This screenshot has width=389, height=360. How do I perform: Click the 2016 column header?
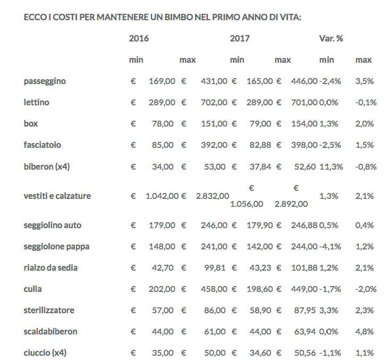pyautogui.click(x=139, y=38)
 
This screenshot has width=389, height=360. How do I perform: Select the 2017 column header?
pyautogui.click(x=240, y=38)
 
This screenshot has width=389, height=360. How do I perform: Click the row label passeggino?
pyautogui.click(x=45, y=81)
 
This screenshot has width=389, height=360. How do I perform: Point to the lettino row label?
pyautogui.click(x=37, y=102)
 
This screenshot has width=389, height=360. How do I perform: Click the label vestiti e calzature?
pyautogui.click(x=57, y=196)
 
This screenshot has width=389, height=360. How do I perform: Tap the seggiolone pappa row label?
pyautogui.click(x=56, y=246)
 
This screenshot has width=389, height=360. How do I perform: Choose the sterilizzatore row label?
pyautogui.click(x=49, y=310)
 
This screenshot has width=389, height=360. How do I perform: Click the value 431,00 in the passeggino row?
pyautogui.click(x=214, y=81)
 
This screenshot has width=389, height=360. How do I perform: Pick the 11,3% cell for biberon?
pyautogui.click(x=329, y=166)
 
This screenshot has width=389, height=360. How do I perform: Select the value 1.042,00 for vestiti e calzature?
pyautogui.click(x=162, y=196)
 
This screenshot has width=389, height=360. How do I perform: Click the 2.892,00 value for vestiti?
pyautogui.click(x=291, y=204)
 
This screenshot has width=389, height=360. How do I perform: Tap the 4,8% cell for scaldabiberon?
pyautogui.click(x=365, y=331)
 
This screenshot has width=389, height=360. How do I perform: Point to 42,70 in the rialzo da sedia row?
pyautogui.click(x=163, y=267)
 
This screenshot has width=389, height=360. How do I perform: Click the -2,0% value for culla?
pyautogui.click(x=366, y=289)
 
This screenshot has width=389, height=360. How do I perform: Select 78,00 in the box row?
pyautogui.click(x=163, y=124)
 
